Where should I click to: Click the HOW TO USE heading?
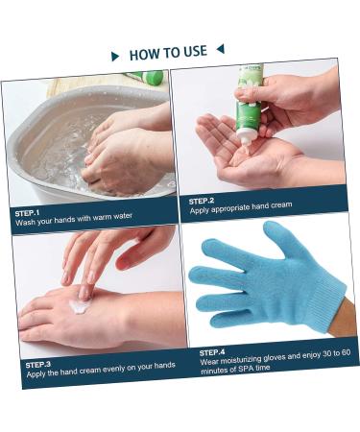pyautogui.click(x=168, y=53)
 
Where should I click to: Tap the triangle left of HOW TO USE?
pyautogui.click(x=116, y=57)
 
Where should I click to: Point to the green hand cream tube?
pyautogui.click(x=249, y=106)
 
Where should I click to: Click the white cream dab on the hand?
pyautogui.click(x=81, y=306)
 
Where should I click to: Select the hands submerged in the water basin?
pyautogui.click(x=120, y=154)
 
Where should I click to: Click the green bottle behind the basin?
pyautogui.click(x=148, y=77)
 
